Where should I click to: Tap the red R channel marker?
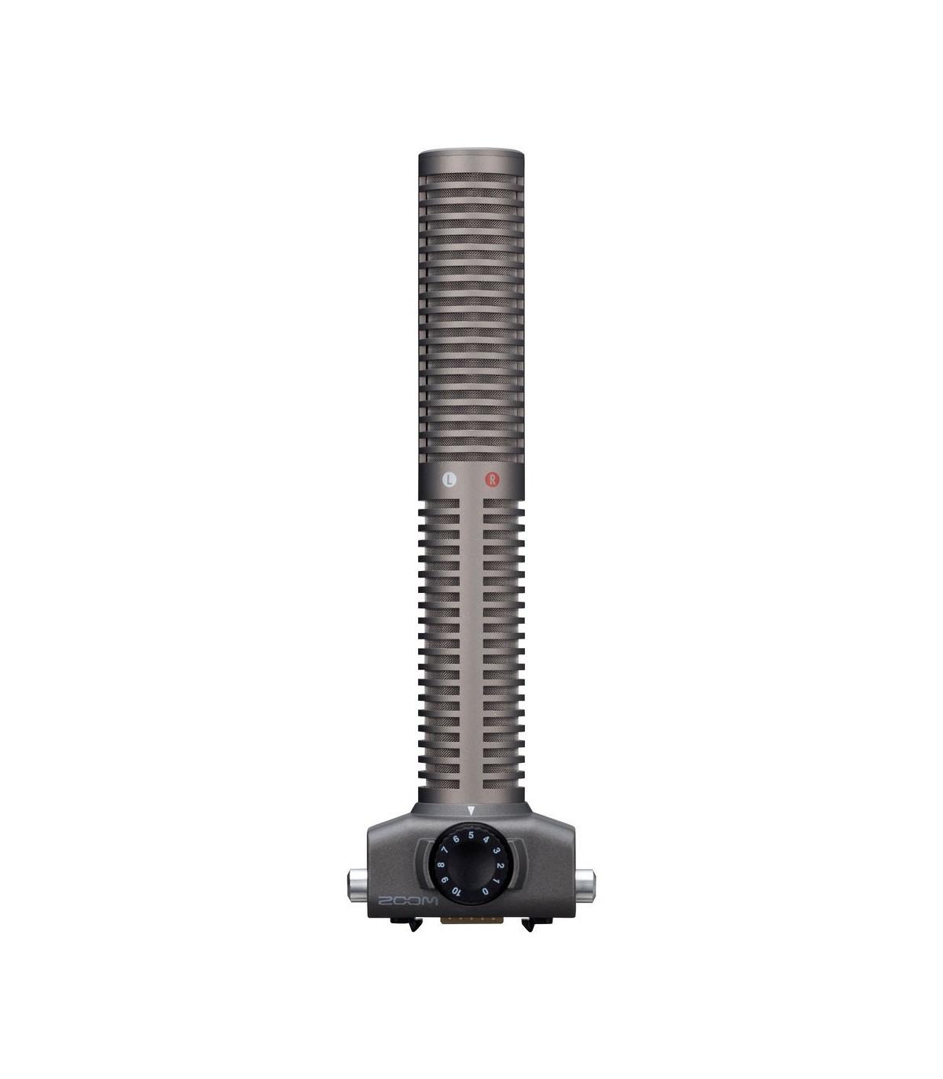tap(492, 480)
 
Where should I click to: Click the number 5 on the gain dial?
tap(471, 835)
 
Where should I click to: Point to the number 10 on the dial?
tap(457, 891)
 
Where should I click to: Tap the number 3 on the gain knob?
tap(497, 851)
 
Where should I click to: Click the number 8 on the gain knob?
tap(440, 865)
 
